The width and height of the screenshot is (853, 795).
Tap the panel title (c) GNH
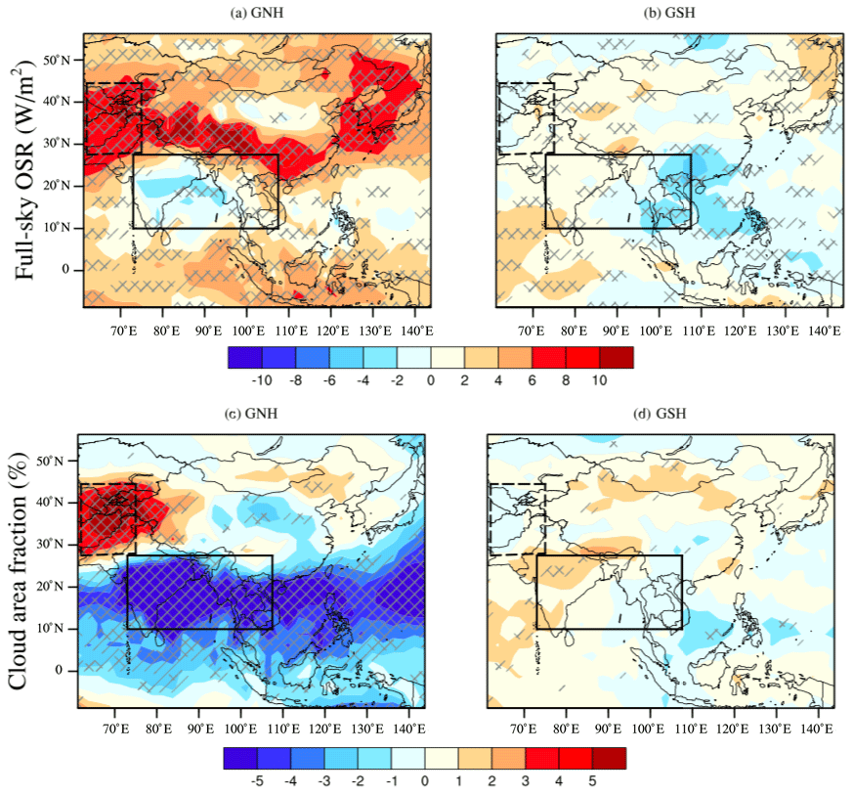[251, 413]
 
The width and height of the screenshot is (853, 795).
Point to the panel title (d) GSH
[662, 413]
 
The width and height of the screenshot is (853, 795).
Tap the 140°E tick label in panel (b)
[826, 331]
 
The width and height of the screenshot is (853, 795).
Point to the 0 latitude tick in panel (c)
[60, 670]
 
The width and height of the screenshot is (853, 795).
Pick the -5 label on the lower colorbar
[258, 782]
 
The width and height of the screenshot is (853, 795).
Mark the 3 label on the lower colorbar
[524, 782]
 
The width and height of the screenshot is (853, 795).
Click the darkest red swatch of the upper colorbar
[616, 357]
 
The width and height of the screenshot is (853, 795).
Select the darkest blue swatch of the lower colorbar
[241, 758]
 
